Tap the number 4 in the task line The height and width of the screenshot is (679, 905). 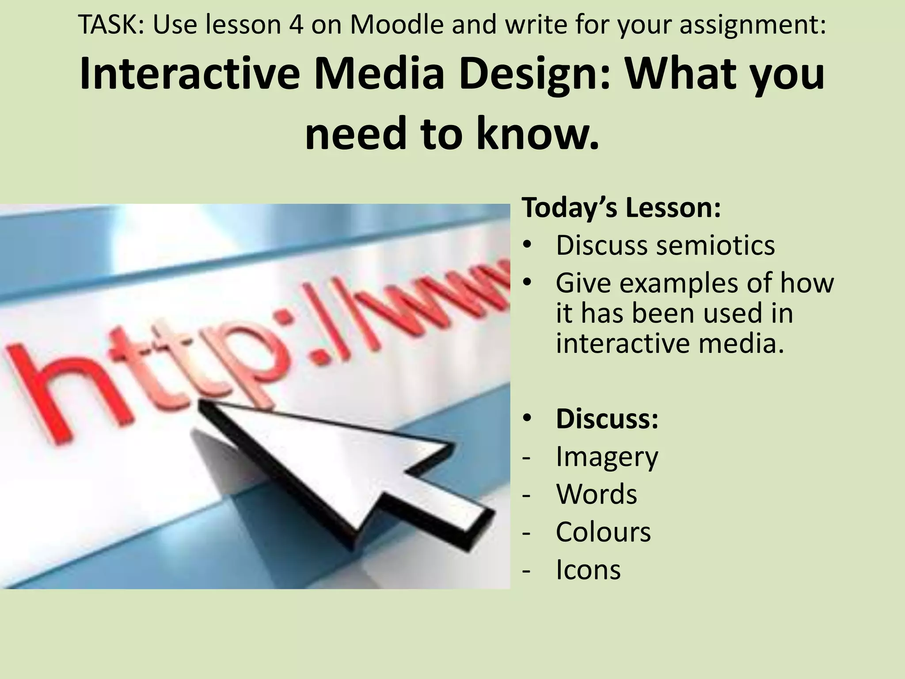296,25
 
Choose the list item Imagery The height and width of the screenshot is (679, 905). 607,457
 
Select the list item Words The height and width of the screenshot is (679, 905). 596,494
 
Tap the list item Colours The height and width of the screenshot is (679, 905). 603,531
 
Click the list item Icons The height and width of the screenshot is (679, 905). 588,569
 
